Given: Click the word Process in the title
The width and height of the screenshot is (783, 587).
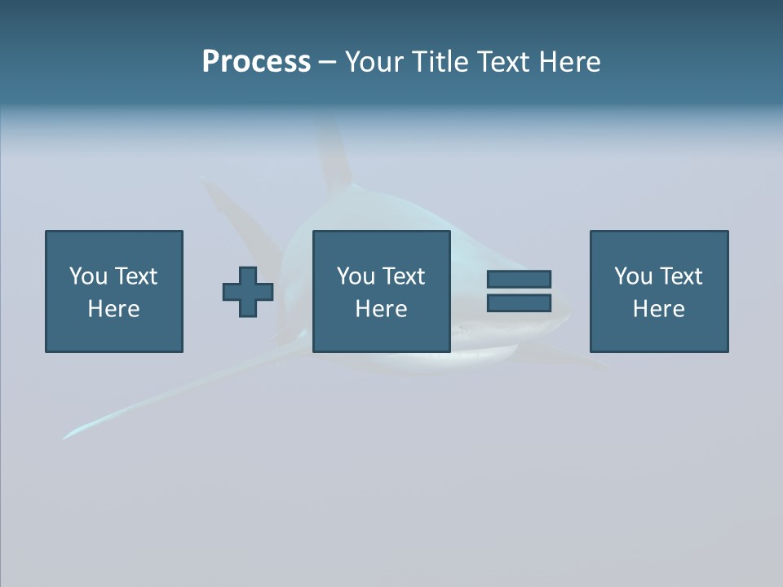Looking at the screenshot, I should point(256,62).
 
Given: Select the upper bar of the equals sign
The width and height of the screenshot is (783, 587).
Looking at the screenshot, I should point(519,279).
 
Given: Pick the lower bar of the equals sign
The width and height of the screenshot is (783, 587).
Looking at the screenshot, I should point(519,303).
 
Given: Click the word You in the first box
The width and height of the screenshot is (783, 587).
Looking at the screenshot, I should point(88,276).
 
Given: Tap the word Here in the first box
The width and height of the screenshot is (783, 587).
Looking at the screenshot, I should point(114,309).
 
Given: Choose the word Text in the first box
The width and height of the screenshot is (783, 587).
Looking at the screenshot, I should point(135,276).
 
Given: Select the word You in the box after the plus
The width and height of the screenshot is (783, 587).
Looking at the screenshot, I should point(356,276).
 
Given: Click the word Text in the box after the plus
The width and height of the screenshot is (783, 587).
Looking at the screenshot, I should point(403,276).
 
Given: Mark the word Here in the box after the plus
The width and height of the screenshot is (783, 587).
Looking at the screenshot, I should point(382,309).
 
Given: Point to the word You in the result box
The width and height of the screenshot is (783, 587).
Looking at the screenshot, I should point(633,276).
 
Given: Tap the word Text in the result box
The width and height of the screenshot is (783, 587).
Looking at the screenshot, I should point(680,276).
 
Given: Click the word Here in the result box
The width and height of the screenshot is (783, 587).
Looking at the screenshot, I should point(659,309).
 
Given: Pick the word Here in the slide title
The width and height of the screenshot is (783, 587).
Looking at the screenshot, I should point(572,62).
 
